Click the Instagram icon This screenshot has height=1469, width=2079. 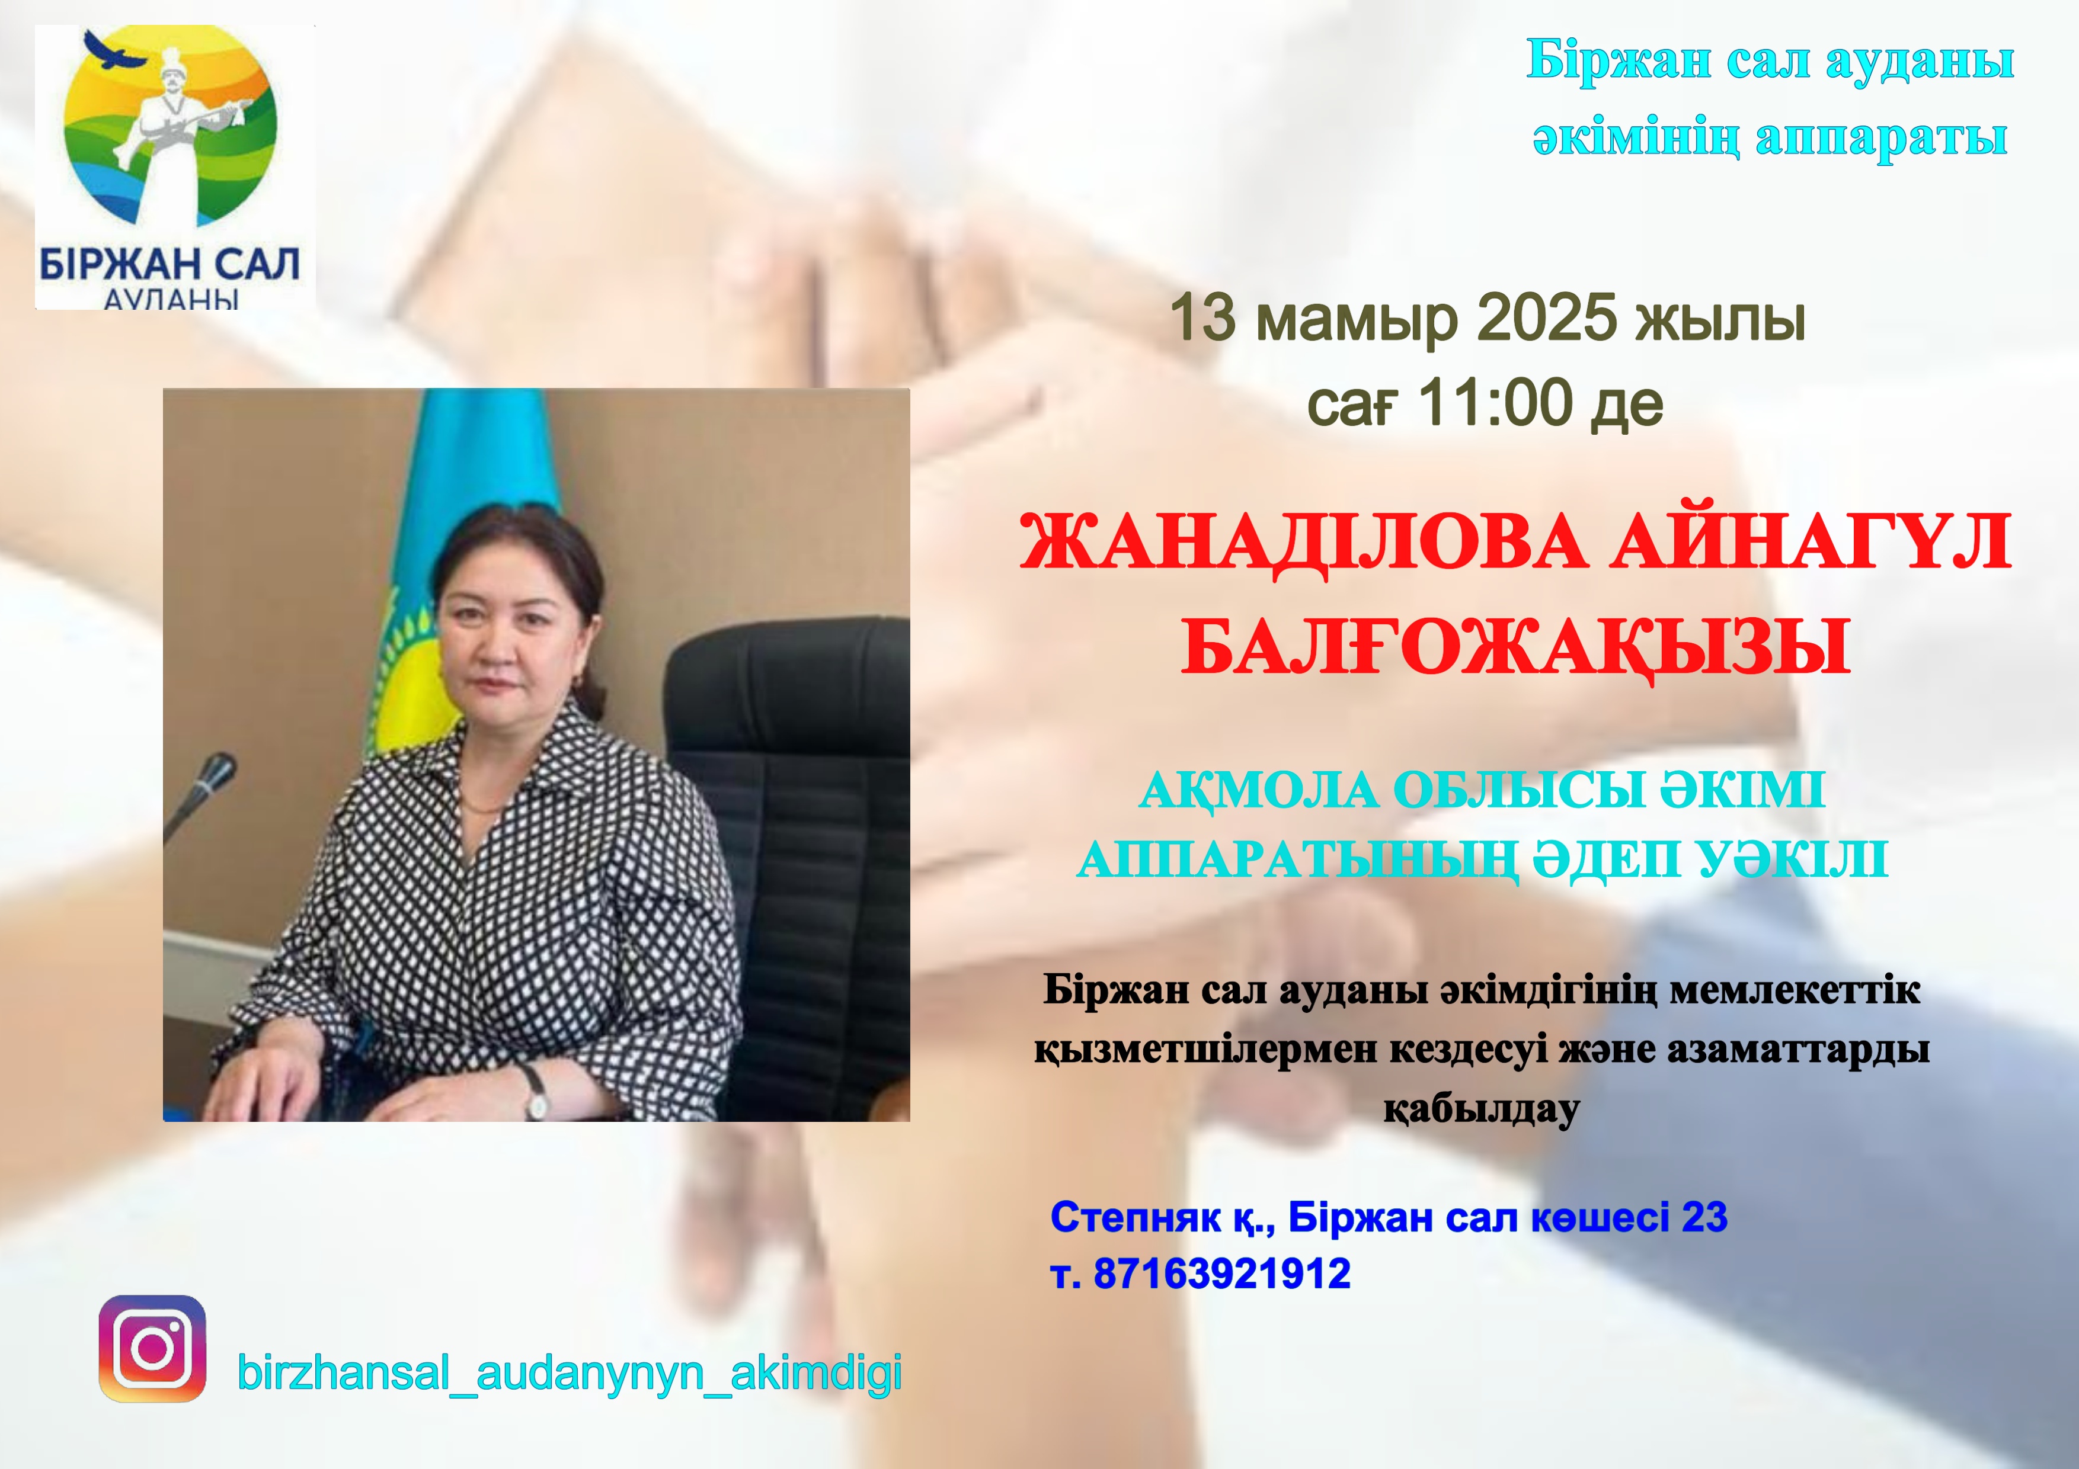pyautogui.click(x=152, y=1349)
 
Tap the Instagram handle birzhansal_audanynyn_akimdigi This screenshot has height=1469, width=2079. pyautogui.click(x=569, y=1372)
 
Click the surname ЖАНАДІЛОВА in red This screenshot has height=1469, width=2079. pyautogui.click(x=1302, y=542)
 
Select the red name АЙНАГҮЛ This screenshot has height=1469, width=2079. pyautogui.click(x=1809, y=542)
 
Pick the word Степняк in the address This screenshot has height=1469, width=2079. pyautogui.click(x=1134, y=1217)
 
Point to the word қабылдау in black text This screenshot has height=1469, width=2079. pyautogui.click(x=1482, y=1109)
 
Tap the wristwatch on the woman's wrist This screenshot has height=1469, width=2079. pyautogui.click(x=536, y=1090)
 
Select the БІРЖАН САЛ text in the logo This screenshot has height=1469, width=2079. pyautogui.click(x=169, y=265)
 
